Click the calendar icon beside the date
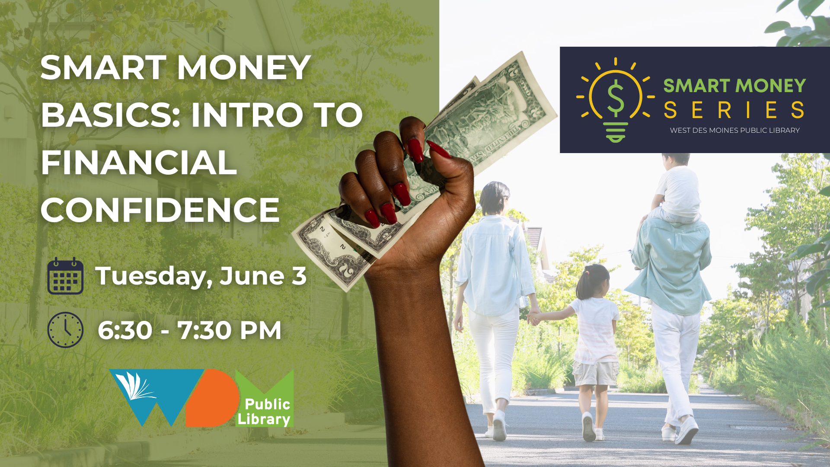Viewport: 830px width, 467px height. click(x=65, y=276)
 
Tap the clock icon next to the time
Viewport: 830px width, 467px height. click(x=65, y=330)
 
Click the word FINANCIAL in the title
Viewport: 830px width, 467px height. click(x=139, y=163)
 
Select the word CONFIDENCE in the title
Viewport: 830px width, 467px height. click(x=160, y=210)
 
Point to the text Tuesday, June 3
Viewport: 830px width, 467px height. click(x=201, y=276)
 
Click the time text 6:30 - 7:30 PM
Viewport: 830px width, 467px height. click(x=190, y=330)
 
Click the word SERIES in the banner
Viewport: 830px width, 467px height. click(x=734, y=110)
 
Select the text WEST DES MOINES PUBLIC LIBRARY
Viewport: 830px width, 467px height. click(x=734, y=131)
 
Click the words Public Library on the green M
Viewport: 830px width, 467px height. click(x=264, y=412)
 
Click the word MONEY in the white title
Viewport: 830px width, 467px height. click(x=244, y=68)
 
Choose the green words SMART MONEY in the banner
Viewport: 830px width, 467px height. click(x=734, y=86)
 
